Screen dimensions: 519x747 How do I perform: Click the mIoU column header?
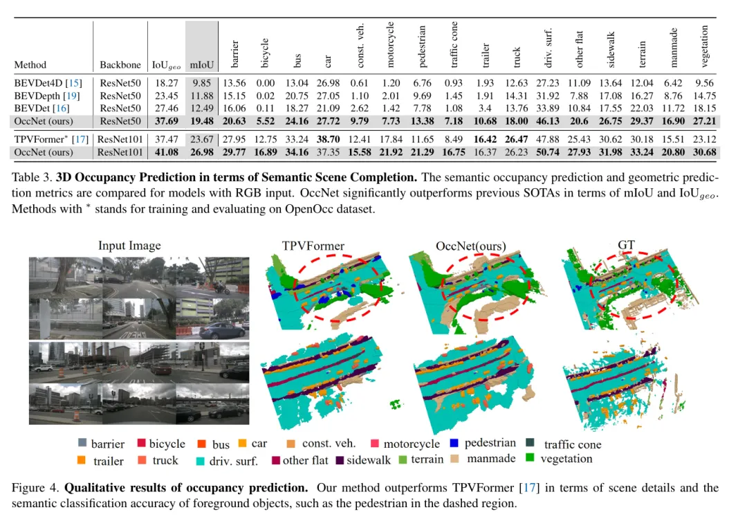click(202, 65)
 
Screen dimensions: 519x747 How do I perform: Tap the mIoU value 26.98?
click(202, 152)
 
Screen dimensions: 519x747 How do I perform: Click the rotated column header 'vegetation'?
click(704, 46)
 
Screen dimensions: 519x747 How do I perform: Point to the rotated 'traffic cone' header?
click(454, 44)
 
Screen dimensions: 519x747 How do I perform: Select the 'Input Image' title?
click(129, 246)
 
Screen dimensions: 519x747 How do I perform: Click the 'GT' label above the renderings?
click(627, 244)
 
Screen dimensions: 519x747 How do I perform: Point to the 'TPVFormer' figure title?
click(313, 246)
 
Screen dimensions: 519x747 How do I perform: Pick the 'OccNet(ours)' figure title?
click(471, 246)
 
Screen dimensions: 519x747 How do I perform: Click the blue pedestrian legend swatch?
click(454, 443)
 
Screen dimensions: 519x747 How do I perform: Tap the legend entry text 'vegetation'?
click(566, 459)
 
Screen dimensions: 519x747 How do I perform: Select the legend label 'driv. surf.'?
click(233, 461)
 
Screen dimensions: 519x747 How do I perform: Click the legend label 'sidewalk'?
click(369, 460)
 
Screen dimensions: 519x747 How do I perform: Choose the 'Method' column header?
click(30, 65)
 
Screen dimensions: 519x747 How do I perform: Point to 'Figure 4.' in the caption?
click(35, 487)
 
